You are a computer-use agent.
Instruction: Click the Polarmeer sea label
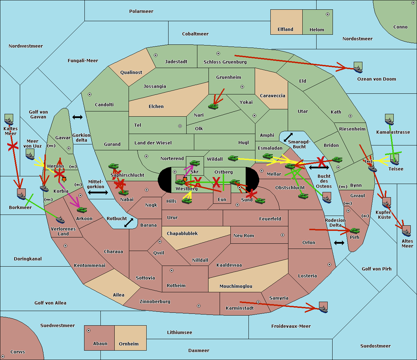(x=141, y=11)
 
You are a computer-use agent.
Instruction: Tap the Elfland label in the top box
(x=285, y=30)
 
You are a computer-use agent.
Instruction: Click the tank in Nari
(x=213, y=107)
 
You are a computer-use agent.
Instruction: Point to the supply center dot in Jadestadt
(x=156, y=55)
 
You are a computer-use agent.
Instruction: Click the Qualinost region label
(x=131, y=72)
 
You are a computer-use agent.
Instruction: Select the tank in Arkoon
(x=82, y=210)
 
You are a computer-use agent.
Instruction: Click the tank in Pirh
(x=354, y=231)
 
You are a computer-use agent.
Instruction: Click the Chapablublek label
(x=182, y=233)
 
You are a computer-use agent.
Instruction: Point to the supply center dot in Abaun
(x=89, y=330)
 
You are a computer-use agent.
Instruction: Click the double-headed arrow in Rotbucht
(x=129, y=223)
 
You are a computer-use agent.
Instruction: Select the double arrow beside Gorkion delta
(x=77, y=117)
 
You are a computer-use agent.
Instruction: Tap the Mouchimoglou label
(x=236, y=286)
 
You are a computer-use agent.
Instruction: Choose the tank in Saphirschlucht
(x=113, y=166)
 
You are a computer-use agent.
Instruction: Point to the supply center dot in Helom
(x=328, y=14)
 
